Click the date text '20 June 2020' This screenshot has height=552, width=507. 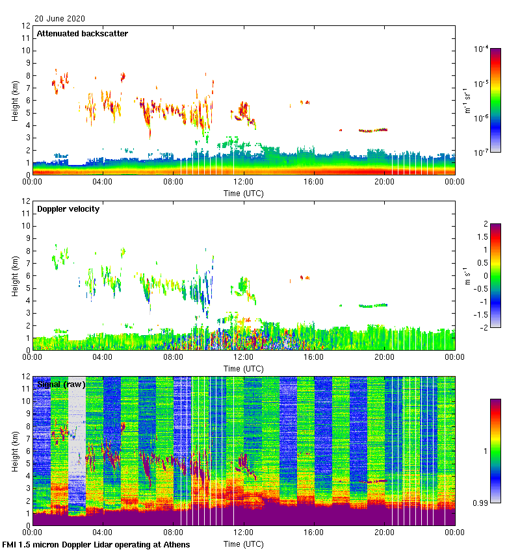click(x=60, y=19)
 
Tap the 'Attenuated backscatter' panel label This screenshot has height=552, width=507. click(x=82, y=34)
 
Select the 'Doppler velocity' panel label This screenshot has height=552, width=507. click(x=68, y=209)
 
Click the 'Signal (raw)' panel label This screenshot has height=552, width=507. click(x=61, y=384)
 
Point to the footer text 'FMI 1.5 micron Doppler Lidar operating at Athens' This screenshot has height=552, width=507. click(x=97, y=544)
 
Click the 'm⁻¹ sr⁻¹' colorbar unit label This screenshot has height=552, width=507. click(x=467, y=101)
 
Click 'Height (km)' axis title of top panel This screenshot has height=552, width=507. click(x=15, y=101)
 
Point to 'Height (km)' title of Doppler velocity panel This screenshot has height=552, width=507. click(x=15, y=276)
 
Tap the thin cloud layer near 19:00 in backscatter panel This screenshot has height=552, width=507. click(x=373, y=130)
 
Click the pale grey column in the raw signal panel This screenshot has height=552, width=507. click(x=77, y=448)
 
